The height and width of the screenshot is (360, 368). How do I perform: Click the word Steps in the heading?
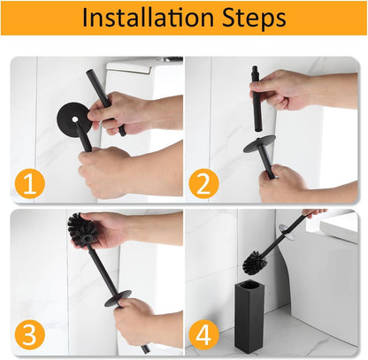(249, 18)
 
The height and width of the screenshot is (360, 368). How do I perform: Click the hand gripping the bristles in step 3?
(111, 230)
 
